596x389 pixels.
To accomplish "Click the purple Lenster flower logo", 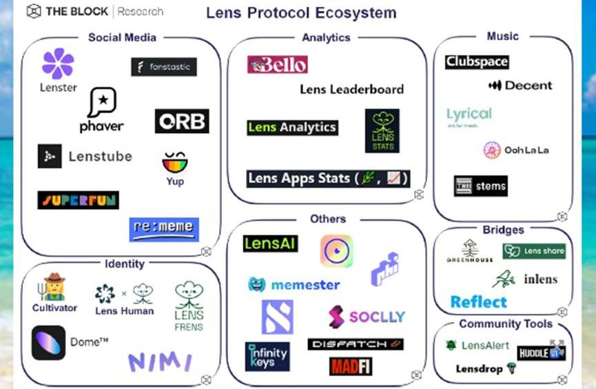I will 58,63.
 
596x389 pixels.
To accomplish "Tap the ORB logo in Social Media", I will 182,121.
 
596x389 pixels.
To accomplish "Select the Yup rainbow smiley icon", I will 174,162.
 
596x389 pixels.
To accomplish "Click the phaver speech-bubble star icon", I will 102,103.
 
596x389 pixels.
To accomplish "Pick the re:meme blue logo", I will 164,230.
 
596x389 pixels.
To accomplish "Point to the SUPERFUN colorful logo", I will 78,200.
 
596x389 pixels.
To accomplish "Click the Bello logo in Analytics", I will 278,65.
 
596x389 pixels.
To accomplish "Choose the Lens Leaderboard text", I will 351,89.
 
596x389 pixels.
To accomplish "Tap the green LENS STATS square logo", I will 382,130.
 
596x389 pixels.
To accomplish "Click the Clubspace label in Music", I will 477,61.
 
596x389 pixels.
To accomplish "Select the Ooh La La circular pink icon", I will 492,150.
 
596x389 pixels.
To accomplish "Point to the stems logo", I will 480,186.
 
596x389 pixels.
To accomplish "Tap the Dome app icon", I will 49,342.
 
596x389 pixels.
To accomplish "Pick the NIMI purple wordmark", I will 160,361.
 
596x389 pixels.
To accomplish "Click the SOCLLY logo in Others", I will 366,317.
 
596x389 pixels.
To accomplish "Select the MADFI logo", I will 350,366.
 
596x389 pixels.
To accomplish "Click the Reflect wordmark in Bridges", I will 478,302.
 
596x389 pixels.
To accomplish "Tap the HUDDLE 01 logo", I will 541,352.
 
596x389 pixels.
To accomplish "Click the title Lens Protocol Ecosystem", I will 301,13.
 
